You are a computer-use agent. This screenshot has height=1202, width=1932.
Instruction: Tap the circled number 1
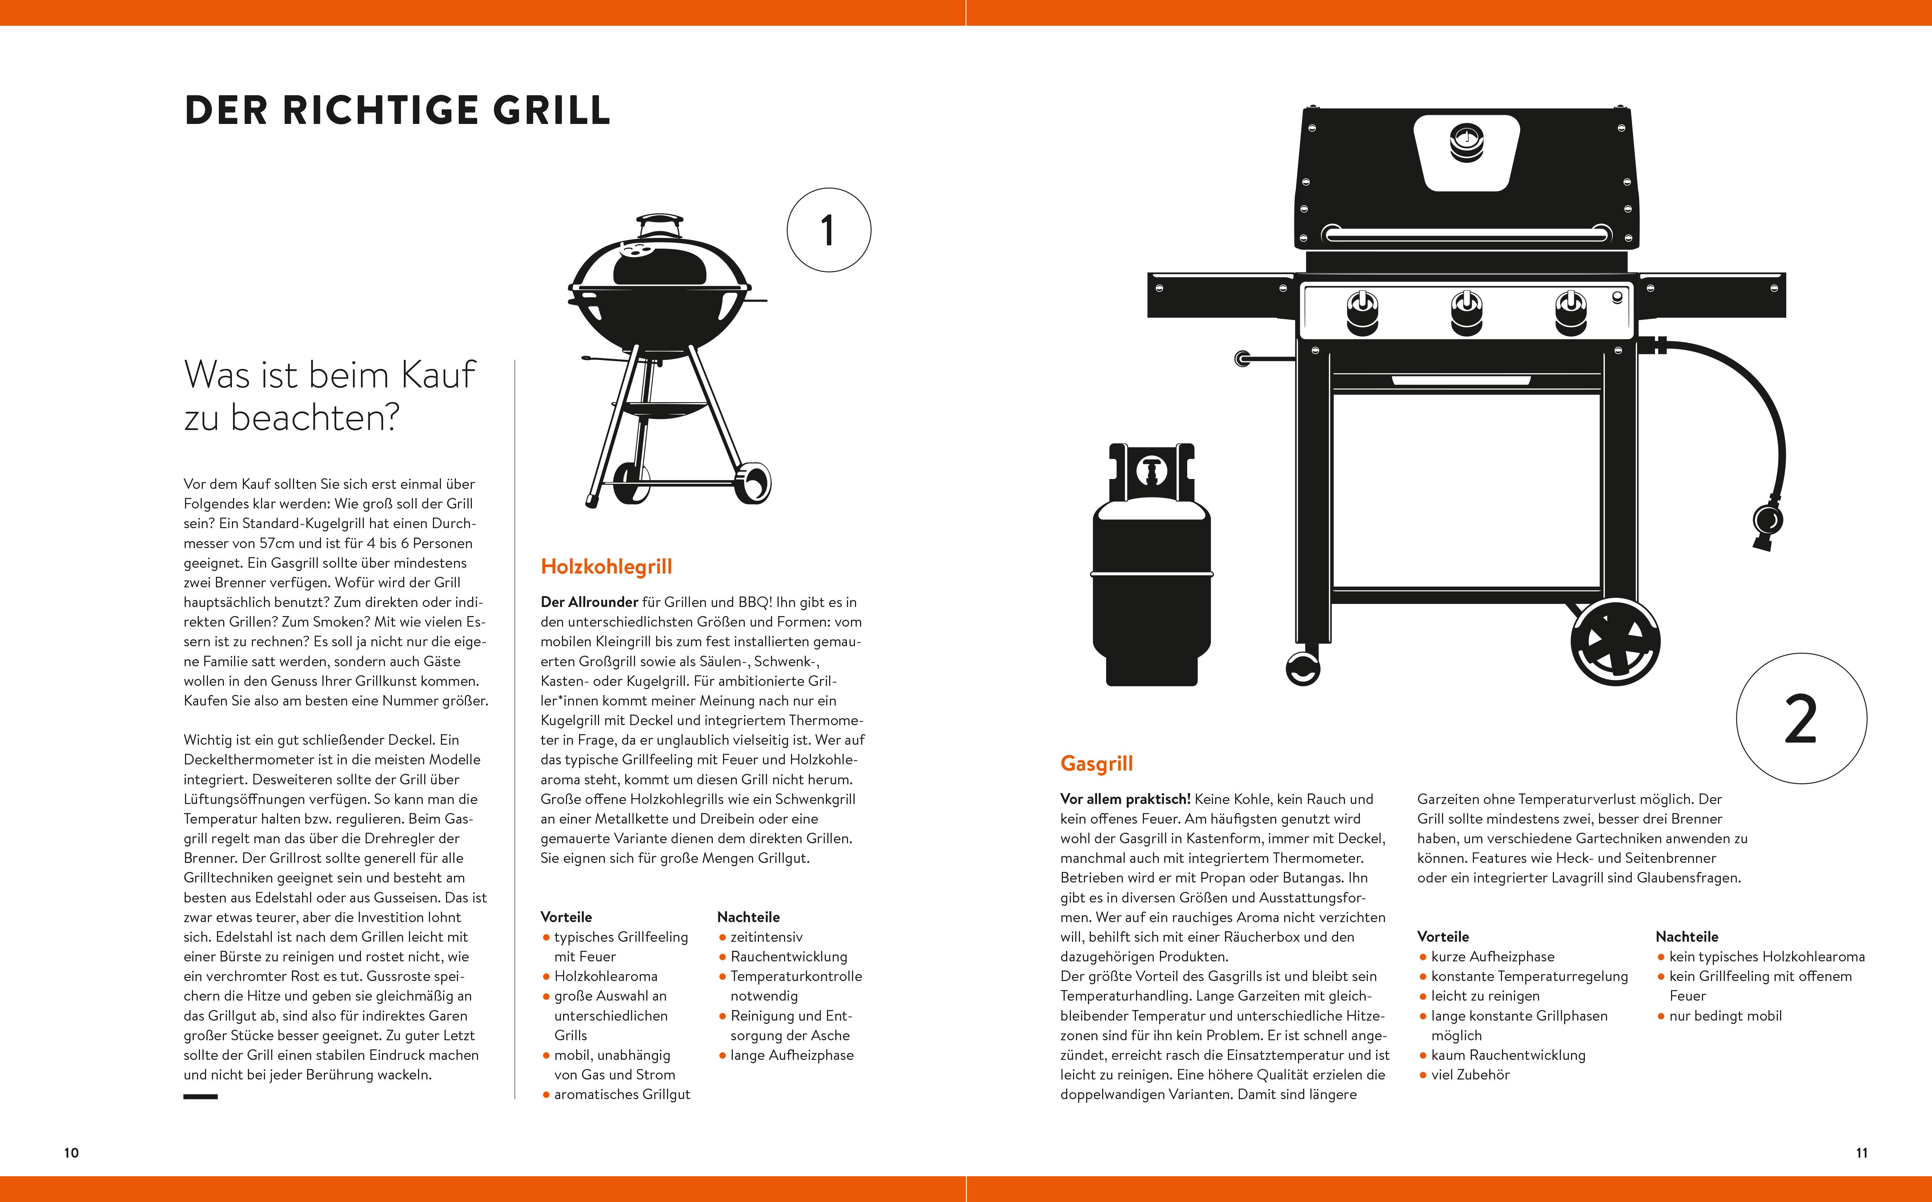[828, 230]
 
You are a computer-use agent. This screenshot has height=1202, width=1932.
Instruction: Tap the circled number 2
[1801, 719]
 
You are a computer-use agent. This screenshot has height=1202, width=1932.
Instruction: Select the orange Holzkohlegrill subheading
[606, 567]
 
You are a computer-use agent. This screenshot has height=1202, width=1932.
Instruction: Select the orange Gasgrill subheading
[1096, 764]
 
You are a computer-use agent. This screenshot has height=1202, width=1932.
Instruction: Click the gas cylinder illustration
[1151, 580]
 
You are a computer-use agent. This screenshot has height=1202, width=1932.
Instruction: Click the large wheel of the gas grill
[1615, 642]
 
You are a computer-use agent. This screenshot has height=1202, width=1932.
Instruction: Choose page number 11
[1861, 1153]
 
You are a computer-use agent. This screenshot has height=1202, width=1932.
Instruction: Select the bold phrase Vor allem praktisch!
[1125, 799]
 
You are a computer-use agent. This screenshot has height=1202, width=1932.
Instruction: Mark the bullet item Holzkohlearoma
[605, 976]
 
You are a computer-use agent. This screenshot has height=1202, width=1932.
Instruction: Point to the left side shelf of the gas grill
[1220, 294]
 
